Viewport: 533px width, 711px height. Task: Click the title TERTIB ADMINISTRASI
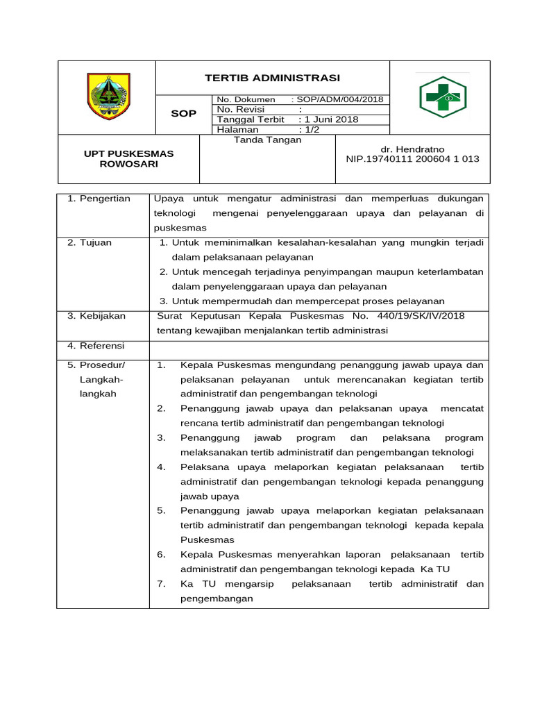click(x=272, y=78)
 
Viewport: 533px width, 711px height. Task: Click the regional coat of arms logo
click(x=107, y=97)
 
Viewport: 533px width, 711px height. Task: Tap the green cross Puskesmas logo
click(x=442, y=97)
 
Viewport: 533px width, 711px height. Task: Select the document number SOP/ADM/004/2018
click(x=341, y=99)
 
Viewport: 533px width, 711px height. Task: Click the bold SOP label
click(x=184, y=113)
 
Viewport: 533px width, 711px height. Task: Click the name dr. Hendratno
click(x=412, y=149)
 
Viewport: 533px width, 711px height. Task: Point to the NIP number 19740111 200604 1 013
click(x=412, y=159)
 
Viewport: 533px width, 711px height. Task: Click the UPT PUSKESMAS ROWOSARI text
click(x=129, y=158)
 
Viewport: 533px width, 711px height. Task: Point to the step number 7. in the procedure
click(x=161, y=584)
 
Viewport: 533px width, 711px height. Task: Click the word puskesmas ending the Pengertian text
click(x=180, y=228)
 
